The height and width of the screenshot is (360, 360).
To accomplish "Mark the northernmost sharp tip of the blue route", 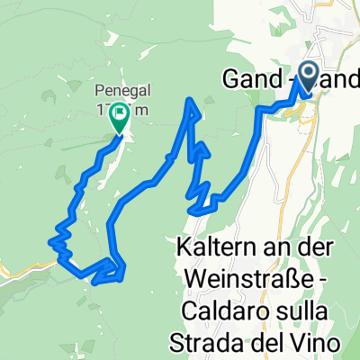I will click(x=191, y=100).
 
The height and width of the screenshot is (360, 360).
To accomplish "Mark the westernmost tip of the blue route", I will click(x=49, y=240).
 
